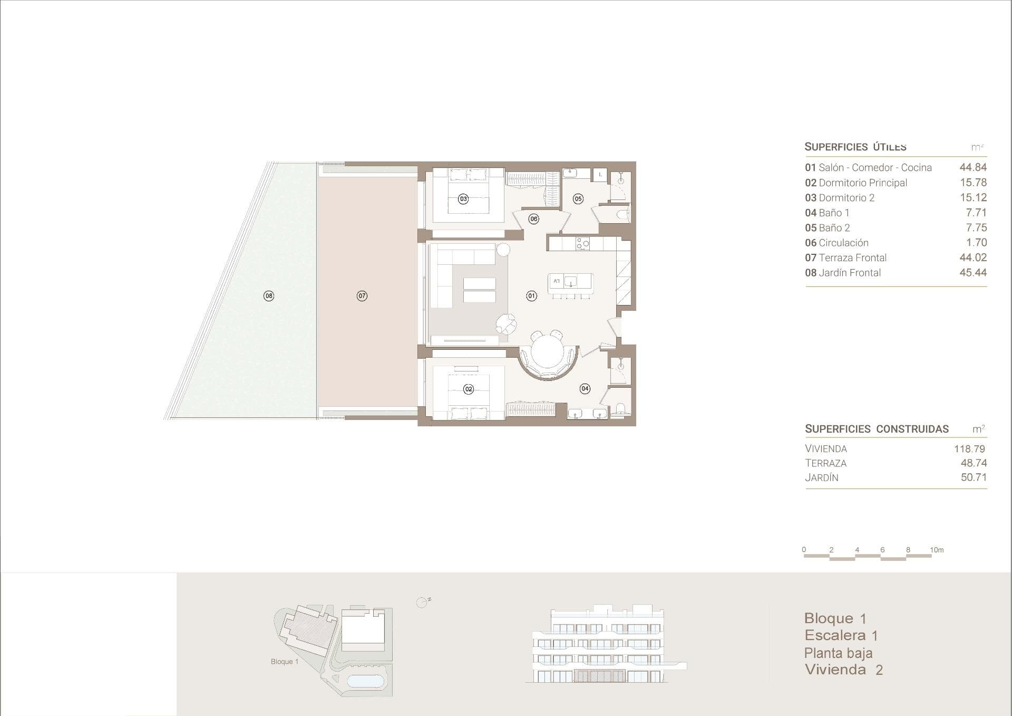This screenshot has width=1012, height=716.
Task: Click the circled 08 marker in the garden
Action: coord(269,296)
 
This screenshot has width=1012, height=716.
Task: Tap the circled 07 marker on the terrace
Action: coord(362,296)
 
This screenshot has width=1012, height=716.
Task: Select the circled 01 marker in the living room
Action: coord(531,296)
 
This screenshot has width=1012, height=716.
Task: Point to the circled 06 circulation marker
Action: coord(534,219)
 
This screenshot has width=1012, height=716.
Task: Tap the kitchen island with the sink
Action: coord(570,281)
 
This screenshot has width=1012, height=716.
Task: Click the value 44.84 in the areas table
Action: coord(973,167)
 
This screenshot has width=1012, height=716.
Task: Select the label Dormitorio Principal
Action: coord(863,183)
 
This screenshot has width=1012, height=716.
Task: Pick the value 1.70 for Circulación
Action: coord(976,243)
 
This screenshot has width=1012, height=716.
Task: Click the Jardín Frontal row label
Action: coord(849,273)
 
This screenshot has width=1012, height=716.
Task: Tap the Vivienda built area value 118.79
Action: coord(969,449)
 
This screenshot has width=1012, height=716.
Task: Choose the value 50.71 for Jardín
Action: coord(974,478)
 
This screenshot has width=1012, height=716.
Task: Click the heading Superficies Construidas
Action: coord(877,429)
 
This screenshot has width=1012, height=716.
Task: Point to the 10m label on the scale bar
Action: coord(937,550)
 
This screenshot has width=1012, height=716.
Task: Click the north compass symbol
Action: coord(422,603)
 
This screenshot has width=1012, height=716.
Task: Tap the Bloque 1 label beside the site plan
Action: coord(285,662)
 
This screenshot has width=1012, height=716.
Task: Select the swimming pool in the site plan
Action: coord(366,681)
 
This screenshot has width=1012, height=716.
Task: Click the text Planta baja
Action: coord(838,653)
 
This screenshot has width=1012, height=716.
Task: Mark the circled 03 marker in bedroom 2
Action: coord(463,199)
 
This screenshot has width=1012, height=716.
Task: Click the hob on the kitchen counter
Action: coord(582,244)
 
